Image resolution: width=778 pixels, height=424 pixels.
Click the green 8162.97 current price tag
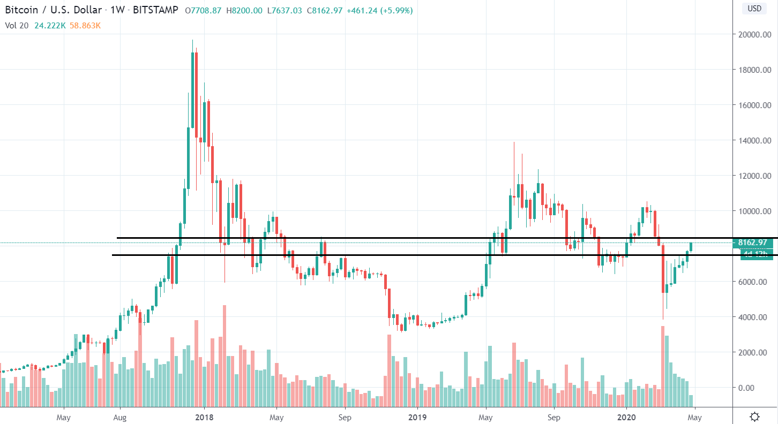point(755,243)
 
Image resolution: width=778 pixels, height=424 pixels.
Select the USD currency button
point(754,9)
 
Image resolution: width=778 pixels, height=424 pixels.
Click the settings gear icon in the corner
point(755,417)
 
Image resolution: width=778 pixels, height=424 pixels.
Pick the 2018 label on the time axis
point(204,417)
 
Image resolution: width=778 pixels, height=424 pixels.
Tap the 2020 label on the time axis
point(627,417)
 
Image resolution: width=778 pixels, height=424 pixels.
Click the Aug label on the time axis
point(120,417)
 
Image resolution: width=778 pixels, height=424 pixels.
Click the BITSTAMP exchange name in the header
point(155,10)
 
